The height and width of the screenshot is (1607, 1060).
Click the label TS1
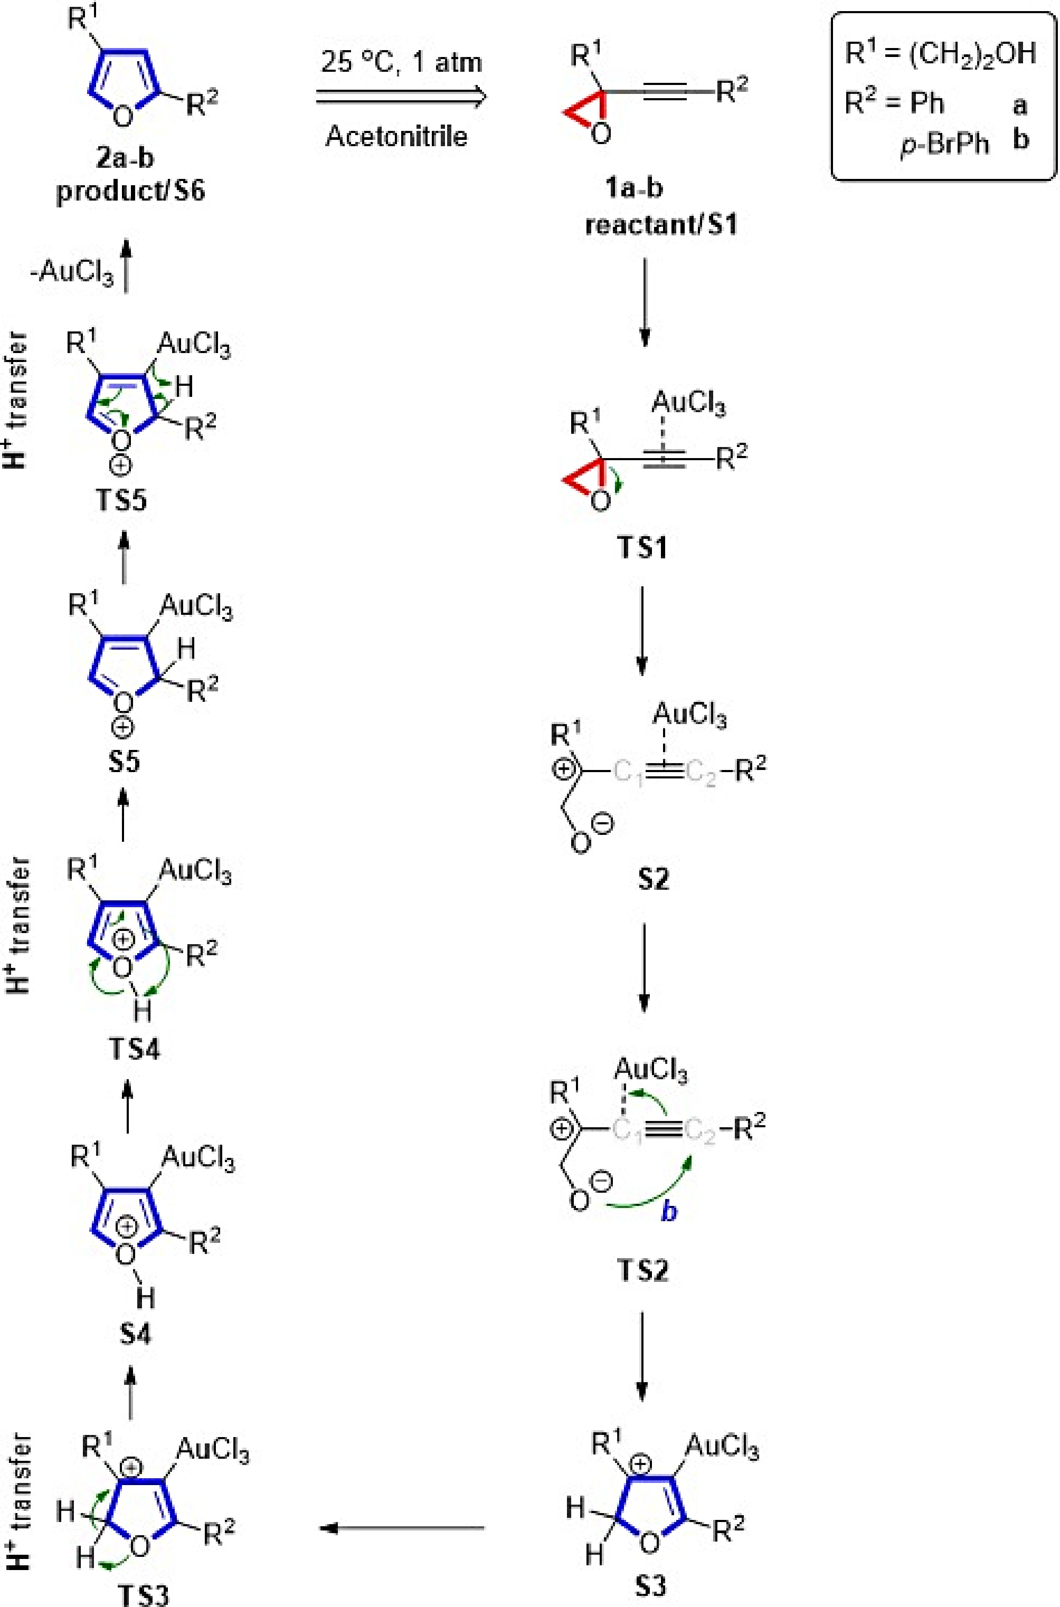[642, 547]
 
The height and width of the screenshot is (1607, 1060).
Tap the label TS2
[643, 1271]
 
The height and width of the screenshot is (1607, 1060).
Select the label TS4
[135, 1050]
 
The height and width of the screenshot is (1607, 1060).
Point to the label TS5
[122, 501]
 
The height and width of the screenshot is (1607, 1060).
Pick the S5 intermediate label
[124, 761]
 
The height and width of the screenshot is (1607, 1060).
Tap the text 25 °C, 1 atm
[402, 63]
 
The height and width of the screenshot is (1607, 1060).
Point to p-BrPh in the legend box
[944, 144]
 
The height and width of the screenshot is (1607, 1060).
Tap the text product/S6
[130, 191]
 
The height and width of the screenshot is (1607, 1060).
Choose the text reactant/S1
[660, 224]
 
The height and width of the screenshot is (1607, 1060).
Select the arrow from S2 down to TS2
[643, 967]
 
